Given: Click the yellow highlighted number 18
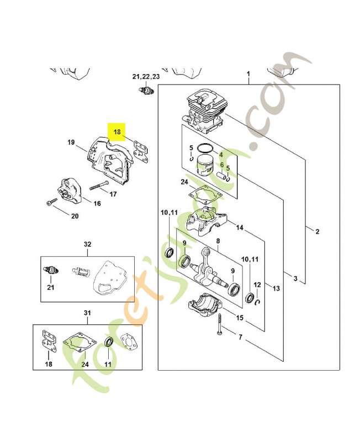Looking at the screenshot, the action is (x=117, y=131).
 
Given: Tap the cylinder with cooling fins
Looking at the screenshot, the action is (x=207, y=112).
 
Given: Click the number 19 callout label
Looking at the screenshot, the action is (x=71, y=142).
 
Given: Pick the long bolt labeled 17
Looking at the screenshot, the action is (x=99, y=185).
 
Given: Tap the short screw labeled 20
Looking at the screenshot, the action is (x=51, y=202).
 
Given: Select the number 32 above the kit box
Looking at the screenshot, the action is (x=88, y=244).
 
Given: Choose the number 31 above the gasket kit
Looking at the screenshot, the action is (x=87, y=313).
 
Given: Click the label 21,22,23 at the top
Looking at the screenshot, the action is (x=146, y=77).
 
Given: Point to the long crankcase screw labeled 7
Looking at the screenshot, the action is (x=219, y=324).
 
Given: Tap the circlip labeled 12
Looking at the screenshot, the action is (x=257, y=302).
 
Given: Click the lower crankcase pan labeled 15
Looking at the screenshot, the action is (x=205, y=306).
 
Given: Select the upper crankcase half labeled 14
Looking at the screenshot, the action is (x=207, y=220).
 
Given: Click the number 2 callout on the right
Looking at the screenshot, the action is (x=317, y=231).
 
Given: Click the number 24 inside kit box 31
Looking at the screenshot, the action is (x=85, y=364).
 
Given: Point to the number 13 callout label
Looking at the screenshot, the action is (x=276, y=288).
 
